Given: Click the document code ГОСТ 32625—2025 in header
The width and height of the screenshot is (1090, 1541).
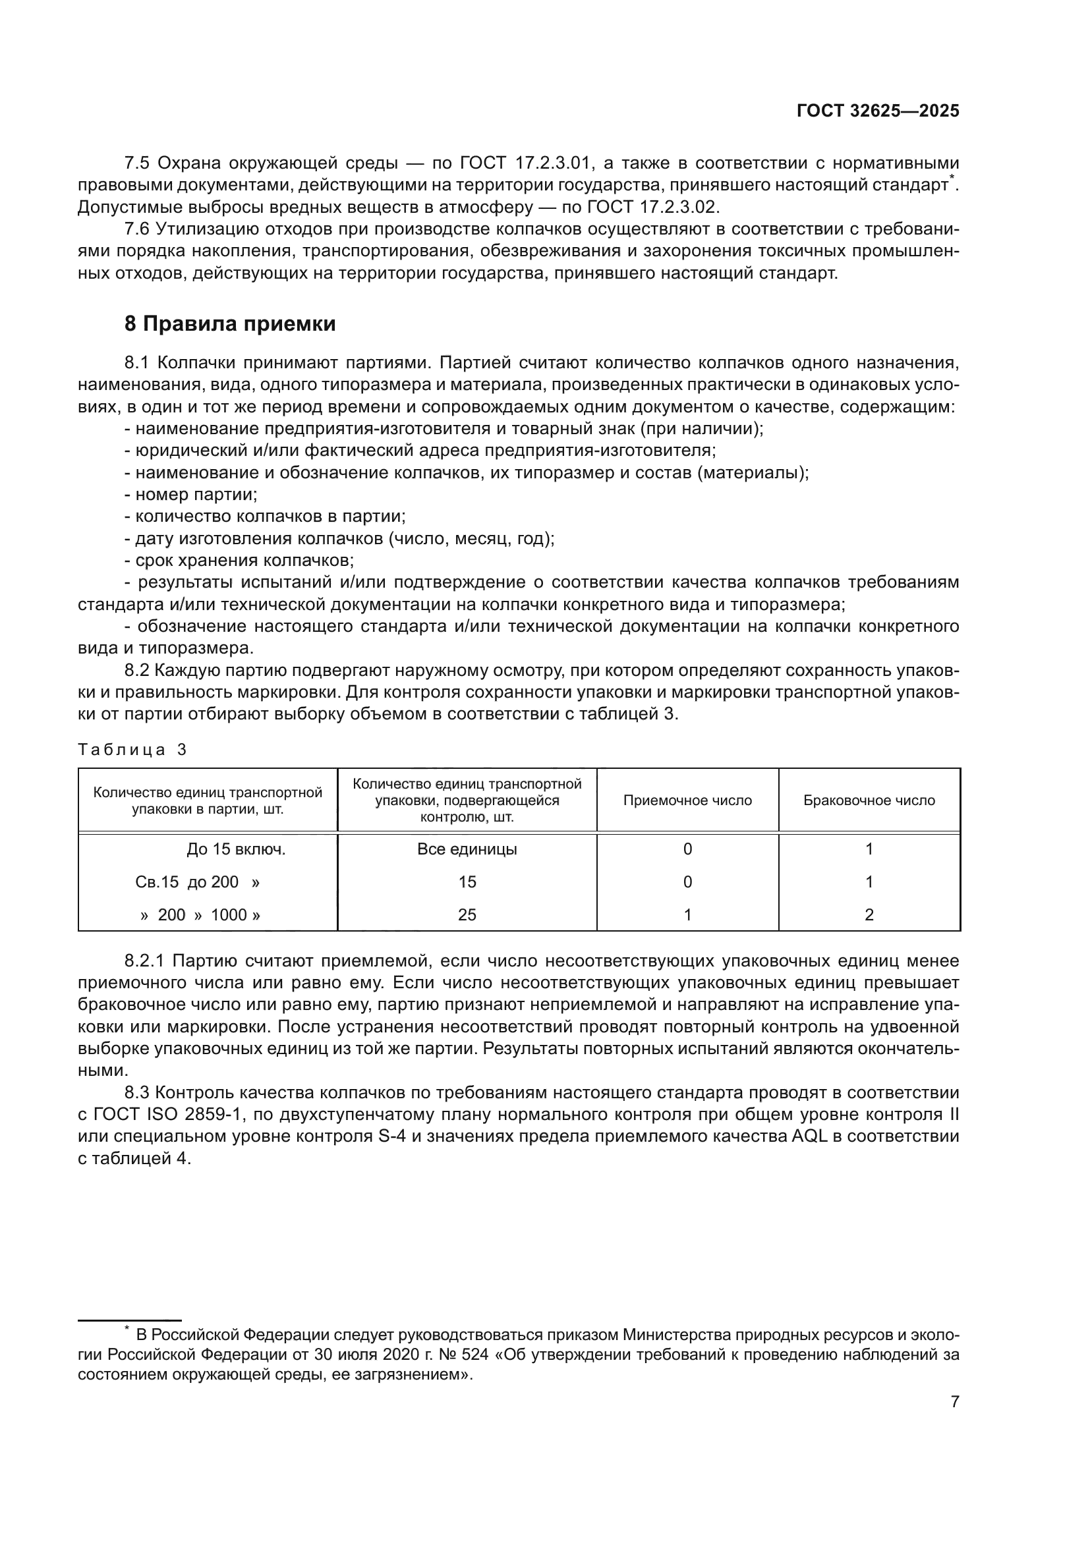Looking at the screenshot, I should [x=877, y=111].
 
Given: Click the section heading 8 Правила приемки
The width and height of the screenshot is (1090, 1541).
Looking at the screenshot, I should [x=230, y=323].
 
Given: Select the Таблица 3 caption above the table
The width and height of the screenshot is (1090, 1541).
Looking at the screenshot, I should [x=132, y=750].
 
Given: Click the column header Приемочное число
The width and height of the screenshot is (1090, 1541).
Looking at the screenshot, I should [x=687, y=800].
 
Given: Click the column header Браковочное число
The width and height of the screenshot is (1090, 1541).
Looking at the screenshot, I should [x=869, y=800].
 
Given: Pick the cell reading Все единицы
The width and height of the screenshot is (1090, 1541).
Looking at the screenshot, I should [x=467, y=849].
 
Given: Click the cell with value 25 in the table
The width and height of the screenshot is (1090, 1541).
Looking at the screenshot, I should [x=467, y=914].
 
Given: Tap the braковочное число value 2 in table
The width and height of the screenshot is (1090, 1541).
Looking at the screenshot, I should [x=869, y=914].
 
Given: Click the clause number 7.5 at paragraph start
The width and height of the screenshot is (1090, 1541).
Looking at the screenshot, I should [x=137, y=163].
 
